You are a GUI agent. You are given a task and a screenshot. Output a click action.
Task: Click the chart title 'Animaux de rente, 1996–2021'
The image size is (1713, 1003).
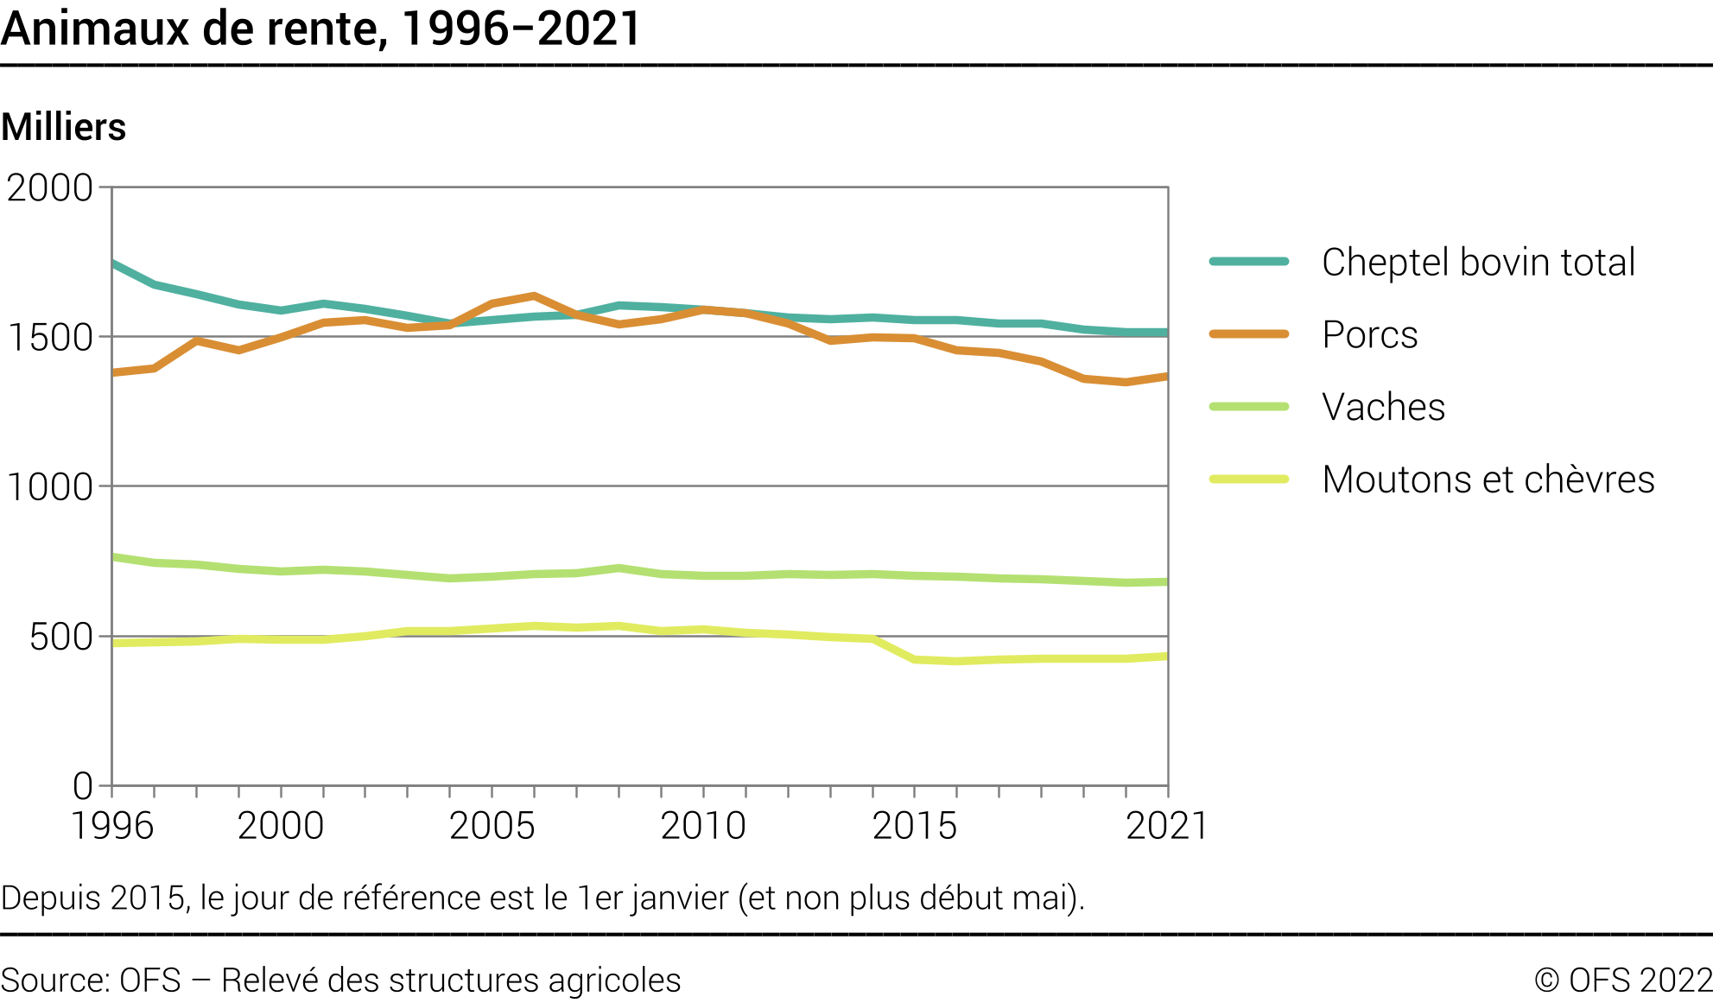tap(320, 29)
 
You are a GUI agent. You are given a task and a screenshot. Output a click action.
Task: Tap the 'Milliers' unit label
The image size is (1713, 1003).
tap(64, 127)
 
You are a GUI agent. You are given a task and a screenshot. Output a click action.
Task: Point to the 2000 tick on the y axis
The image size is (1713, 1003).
tap(49, 187)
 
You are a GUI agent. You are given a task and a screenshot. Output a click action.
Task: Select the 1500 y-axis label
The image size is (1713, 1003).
tap(49, 337)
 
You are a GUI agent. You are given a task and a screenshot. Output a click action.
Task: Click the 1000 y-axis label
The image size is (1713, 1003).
tap(49, 487)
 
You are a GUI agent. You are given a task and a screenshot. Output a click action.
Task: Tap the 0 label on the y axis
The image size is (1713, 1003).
tap(83, 786)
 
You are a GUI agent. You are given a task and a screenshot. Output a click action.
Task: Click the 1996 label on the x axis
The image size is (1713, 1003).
tap(111, 826)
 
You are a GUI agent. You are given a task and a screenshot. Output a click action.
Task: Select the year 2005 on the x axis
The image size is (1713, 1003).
tap(492, 826)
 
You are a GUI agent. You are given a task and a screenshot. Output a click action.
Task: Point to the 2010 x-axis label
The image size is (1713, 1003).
tap(703, 826)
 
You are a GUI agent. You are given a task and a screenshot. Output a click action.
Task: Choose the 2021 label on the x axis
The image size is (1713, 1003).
tap(1166, 826)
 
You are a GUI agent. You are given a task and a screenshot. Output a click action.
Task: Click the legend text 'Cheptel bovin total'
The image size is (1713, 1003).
tap(1478, 262)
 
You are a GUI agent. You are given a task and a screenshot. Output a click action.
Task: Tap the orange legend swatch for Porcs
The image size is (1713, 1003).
tap(1249, 334)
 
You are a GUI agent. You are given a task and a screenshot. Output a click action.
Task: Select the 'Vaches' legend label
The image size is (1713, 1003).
tap(1383, 407)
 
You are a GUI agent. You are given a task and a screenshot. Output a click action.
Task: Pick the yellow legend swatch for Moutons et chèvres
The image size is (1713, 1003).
tap(1249, 479)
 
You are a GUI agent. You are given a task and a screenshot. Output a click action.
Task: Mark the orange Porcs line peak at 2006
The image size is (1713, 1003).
tap(534, 295)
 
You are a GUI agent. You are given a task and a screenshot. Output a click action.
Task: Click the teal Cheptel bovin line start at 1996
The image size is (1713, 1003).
tap(113, 263)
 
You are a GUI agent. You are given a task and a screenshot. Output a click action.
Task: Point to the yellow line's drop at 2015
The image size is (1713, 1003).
tap(915, 660)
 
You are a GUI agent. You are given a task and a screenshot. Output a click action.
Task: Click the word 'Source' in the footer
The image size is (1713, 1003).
tap(51, 981)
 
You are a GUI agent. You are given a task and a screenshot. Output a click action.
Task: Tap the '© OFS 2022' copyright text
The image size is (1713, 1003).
tap(1623, 981)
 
